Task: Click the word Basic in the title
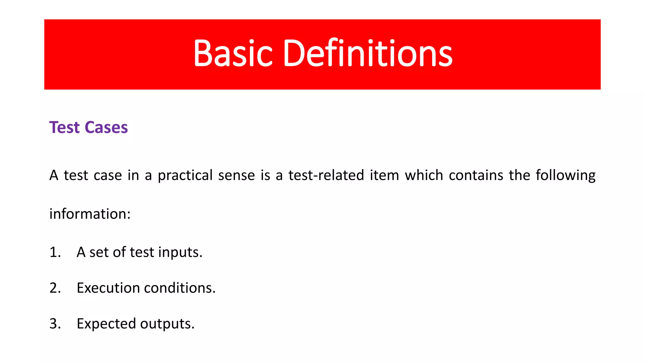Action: point(233,53)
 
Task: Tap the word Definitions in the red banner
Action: point(368,53)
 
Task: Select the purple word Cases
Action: point(106,128)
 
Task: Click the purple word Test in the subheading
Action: point(64,128)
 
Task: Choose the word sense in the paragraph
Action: point(236,175)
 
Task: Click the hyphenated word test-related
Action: point(326,175)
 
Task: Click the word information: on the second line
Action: point(90,214)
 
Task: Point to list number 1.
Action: point(55,252)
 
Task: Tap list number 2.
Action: point(55,288)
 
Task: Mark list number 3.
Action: point(55,324)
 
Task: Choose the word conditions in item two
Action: point(180,288)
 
